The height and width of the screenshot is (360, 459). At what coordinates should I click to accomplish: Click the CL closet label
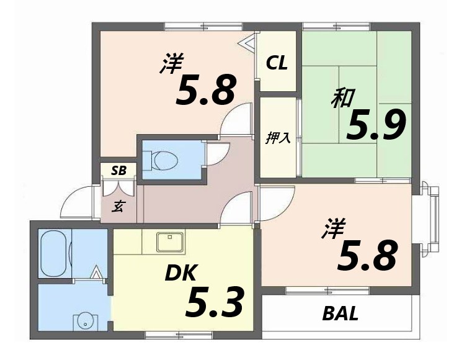point(277,63)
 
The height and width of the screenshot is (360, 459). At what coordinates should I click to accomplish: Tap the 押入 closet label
point(278,138)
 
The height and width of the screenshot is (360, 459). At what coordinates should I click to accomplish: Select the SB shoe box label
point(118,171)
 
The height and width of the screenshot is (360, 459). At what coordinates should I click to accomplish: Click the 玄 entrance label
point(118,207)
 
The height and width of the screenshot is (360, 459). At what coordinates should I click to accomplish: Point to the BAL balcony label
point(341,313)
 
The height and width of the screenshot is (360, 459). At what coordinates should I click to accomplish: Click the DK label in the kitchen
point(180,272)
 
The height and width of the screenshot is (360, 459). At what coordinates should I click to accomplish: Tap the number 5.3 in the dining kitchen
point(214,302)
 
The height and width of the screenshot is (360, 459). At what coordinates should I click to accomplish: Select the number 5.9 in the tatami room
point(376,125)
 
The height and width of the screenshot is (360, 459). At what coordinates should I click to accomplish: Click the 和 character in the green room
point(343,97)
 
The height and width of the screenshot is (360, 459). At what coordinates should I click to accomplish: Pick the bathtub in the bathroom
point(55,253)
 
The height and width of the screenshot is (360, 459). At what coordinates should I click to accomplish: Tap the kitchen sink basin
point(170,242)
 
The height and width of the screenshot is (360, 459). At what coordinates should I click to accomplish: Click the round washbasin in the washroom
point(86,322)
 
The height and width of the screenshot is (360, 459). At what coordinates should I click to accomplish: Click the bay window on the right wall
point(430,217)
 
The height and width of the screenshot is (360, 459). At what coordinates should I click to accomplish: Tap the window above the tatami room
point(337,27)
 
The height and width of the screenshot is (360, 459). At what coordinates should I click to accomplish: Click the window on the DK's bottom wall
point(179,335)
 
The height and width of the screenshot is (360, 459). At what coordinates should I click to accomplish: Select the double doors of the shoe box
point(118,186)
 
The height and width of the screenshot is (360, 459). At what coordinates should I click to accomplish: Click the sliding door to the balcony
point(328,291)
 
